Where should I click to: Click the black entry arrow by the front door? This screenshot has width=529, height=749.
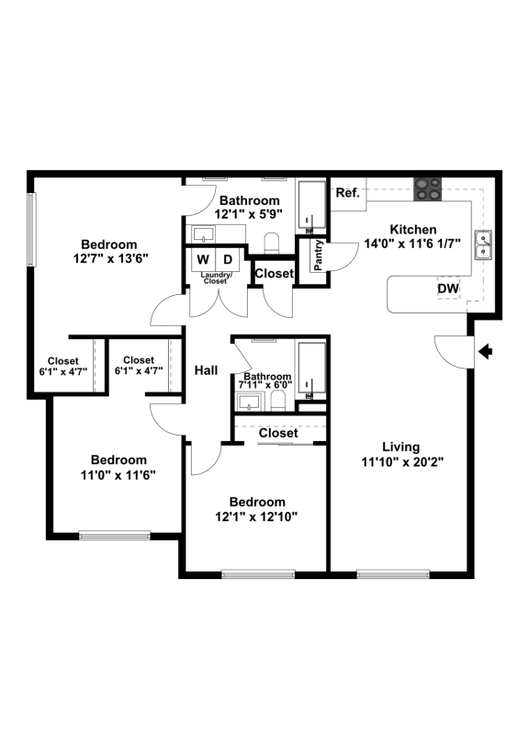486,353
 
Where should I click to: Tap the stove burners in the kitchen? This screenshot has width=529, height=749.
427,189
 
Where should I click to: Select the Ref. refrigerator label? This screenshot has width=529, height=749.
347,193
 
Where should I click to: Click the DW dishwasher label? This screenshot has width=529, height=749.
448,289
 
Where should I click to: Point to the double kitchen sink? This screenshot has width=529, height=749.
484,245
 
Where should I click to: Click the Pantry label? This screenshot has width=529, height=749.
319,255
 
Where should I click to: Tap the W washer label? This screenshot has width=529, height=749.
203,259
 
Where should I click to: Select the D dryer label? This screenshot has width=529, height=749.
228,259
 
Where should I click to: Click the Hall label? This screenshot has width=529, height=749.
207,370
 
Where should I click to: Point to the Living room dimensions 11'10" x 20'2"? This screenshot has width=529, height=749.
402,462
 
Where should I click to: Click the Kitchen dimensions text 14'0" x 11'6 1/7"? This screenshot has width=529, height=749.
412,244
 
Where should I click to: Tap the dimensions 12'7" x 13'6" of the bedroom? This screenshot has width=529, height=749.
111,258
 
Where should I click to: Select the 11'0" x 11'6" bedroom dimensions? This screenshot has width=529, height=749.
118,475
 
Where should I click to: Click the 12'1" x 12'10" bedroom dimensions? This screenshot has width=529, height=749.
256,516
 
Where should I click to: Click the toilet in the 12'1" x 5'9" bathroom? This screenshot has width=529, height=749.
271,243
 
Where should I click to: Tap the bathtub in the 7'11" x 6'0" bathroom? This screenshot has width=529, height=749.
311,370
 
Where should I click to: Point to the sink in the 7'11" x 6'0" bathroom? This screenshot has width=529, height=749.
249,402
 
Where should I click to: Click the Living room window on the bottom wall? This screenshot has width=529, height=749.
393,574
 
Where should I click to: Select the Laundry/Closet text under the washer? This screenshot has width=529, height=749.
216,278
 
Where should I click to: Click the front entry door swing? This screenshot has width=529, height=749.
454,352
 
